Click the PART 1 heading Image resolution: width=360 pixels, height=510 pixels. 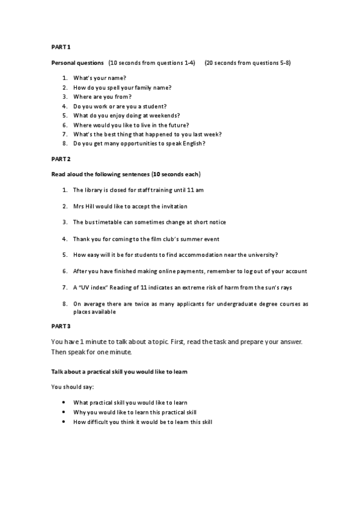pos(61,46)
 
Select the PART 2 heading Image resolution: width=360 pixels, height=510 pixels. pos(61,159)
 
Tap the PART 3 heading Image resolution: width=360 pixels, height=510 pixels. pos(61,327)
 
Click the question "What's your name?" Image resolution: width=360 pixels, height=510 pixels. pos(99,78)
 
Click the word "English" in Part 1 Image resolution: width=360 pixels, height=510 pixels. pos(192,144)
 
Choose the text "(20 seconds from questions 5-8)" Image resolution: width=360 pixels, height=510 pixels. pos(248,63)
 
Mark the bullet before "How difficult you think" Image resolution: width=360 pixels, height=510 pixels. pos(64,422)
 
